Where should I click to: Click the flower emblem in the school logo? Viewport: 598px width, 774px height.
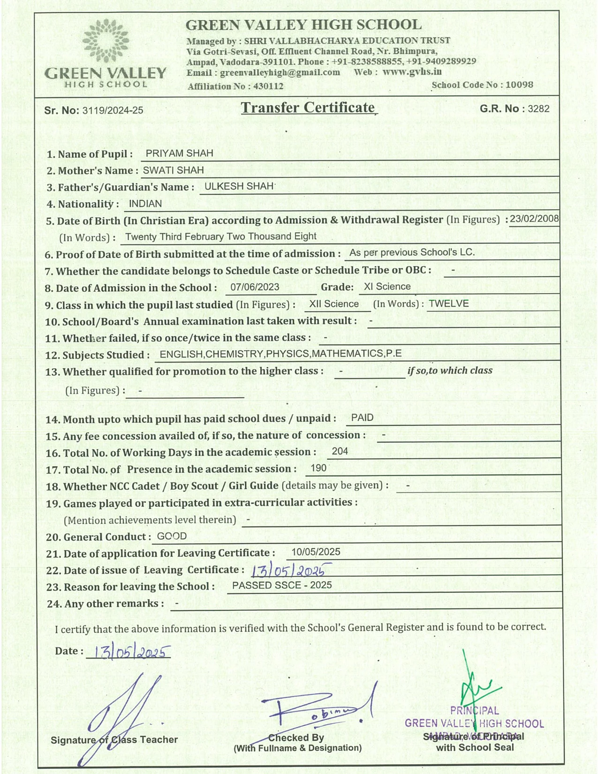point(106,41)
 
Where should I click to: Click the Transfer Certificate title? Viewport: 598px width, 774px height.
point(308,108)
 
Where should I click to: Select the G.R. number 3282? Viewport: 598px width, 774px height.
point(538,109)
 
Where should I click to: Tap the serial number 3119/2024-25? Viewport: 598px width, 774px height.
point(113,111)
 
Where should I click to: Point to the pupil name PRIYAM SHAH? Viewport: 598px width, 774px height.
point(179,153)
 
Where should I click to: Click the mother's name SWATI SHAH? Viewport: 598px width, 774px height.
point(173,170)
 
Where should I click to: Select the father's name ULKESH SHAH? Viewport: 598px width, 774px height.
point(239,186)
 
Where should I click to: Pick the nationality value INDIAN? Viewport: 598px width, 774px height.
point(145,204)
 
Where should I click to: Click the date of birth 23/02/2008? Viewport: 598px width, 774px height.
point(534,219)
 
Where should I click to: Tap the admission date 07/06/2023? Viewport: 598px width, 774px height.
point(255,287)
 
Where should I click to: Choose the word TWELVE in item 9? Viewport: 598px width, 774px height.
point(449,304)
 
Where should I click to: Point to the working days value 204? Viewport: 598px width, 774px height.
point(340,451)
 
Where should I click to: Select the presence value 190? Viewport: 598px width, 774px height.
point(318,468)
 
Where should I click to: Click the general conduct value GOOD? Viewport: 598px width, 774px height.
point(172,536)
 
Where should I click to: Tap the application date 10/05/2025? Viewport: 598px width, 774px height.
point(316,552)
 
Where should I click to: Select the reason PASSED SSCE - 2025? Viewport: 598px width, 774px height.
point(282,585)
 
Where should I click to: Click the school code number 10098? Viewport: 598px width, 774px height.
point(519,85)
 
